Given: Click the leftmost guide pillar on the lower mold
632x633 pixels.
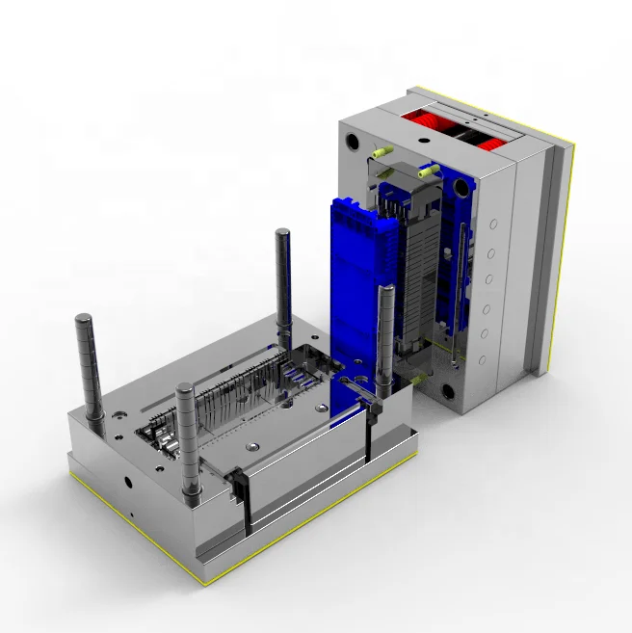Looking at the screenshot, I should tap(90, 366).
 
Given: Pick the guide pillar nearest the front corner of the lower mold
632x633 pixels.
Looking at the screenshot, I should tap(188, 438).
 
